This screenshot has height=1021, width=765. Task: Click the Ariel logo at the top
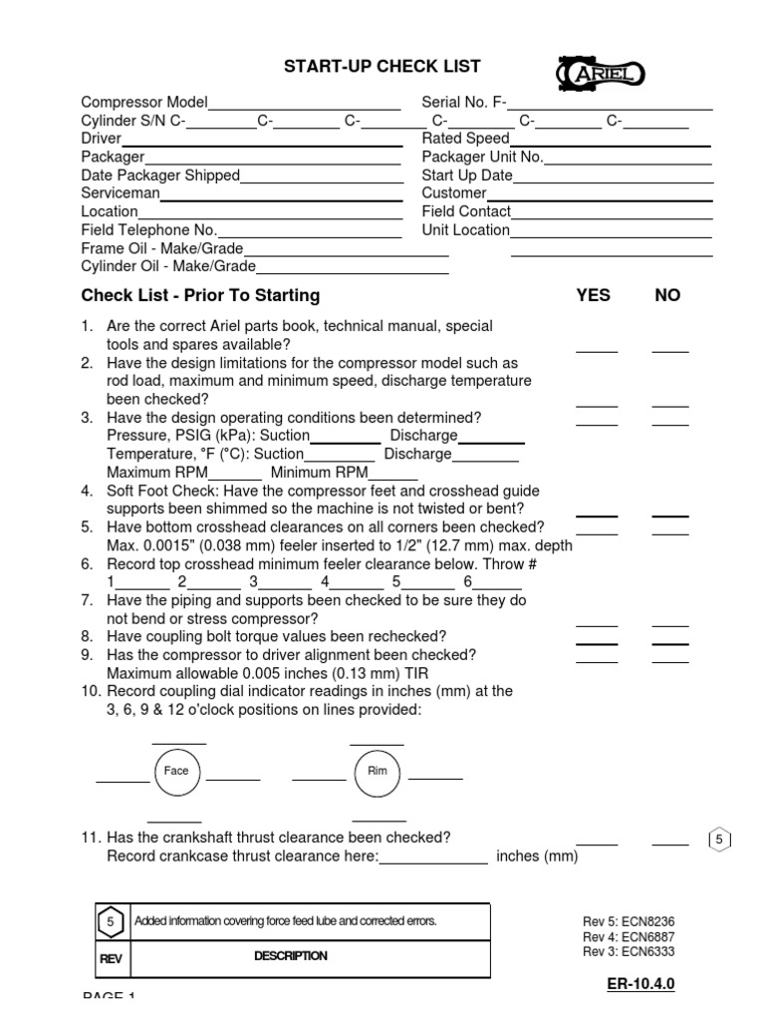(x=601, y=73)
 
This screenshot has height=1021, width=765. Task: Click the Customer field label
(x=454, y=193)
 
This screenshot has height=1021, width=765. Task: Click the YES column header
(x=594, y=295)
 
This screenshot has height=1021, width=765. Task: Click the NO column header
(x=667, y=295)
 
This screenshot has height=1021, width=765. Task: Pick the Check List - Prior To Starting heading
(x=200, y=295)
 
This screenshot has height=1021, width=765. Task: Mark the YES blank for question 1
(x=597, y=350)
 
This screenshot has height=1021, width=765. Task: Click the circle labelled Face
(x=176, y=771)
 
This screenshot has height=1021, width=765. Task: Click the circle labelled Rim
(x=378, y=771)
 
